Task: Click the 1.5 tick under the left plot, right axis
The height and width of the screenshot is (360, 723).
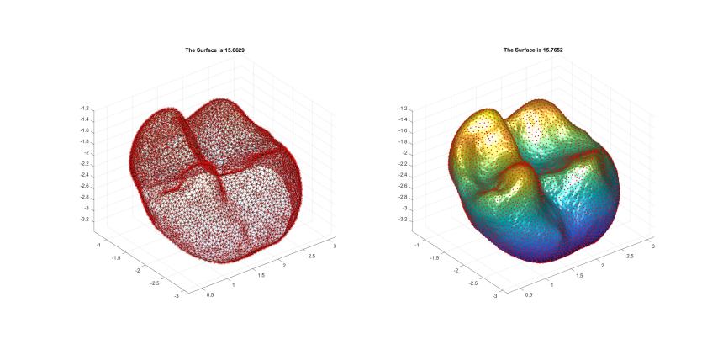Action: click(x=261, y=274)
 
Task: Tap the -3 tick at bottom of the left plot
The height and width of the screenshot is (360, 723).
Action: click(x=175, y=296)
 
